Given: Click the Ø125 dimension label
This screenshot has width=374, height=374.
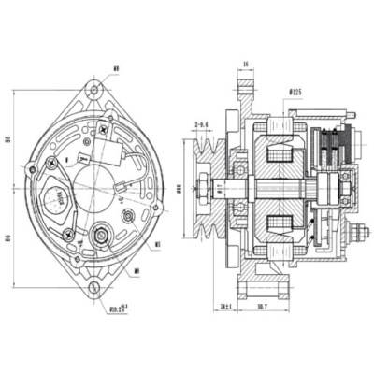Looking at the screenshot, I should point(296,92).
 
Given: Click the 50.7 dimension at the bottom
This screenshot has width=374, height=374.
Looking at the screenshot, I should point(262,306).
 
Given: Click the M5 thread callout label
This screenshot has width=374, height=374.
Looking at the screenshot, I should point(158,245).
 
